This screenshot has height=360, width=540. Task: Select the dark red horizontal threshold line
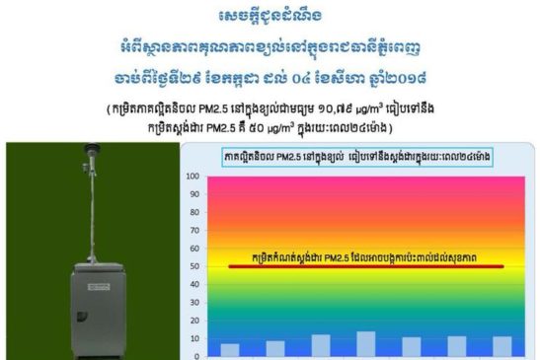pos(365,266)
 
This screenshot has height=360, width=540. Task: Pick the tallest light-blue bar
pos(366,343)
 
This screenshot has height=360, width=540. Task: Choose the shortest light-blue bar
pos(229,349)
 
